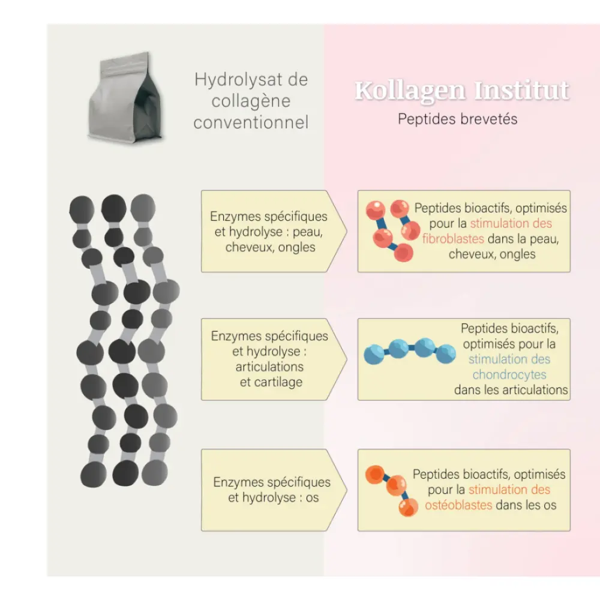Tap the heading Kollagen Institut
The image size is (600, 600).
pos(461,91)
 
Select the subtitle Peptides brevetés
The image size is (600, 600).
pos(457,119)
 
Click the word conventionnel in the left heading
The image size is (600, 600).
pos(251,123)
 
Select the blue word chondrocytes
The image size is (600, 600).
pos(509,375)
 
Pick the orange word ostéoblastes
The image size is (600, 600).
pos(458,505)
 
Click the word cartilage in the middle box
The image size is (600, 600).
pos(271,382)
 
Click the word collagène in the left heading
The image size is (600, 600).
pos(251,101)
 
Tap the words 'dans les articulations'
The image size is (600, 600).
pos(511,390)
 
